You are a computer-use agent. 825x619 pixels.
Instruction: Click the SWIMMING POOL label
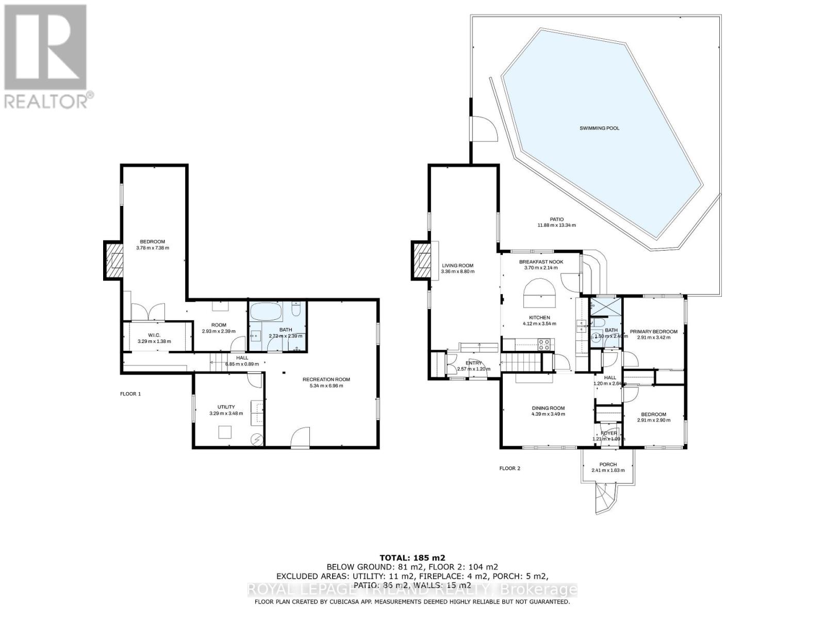click(599, 128)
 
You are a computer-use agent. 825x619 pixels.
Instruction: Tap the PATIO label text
click(556, 219)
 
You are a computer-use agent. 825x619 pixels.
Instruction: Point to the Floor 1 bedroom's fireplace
click(113, 260)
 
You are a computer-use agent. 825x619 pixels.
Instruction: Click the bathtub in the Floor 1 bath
click(266, 312)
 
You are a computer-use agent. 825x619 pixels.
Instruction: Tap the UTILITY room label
click(226, 407)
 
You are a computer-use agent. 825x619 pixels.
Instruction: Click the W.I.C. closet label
click(154, 335)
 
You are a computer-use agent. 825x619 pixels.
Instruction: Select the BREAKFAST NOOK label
click(541, 262)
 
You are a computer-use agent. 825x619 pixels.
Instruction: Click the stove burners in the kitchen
click(544, 344)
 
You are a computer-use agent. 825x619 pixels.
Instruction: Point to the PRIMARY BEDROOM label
click(653, 332)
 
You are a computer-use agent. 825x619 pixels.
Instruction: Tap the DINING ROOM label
click(548, 408)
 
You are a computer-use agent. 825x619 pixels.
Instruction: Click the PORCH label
click(608, 464)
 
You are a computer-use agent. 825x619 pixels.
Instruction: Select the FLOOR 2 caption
click(509, 468)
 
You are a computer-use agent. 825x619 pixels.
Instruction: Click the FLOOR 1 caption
click(130, 394)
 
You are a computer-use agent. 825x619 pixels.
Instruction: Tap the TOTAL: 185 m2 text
click(412, 558)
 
